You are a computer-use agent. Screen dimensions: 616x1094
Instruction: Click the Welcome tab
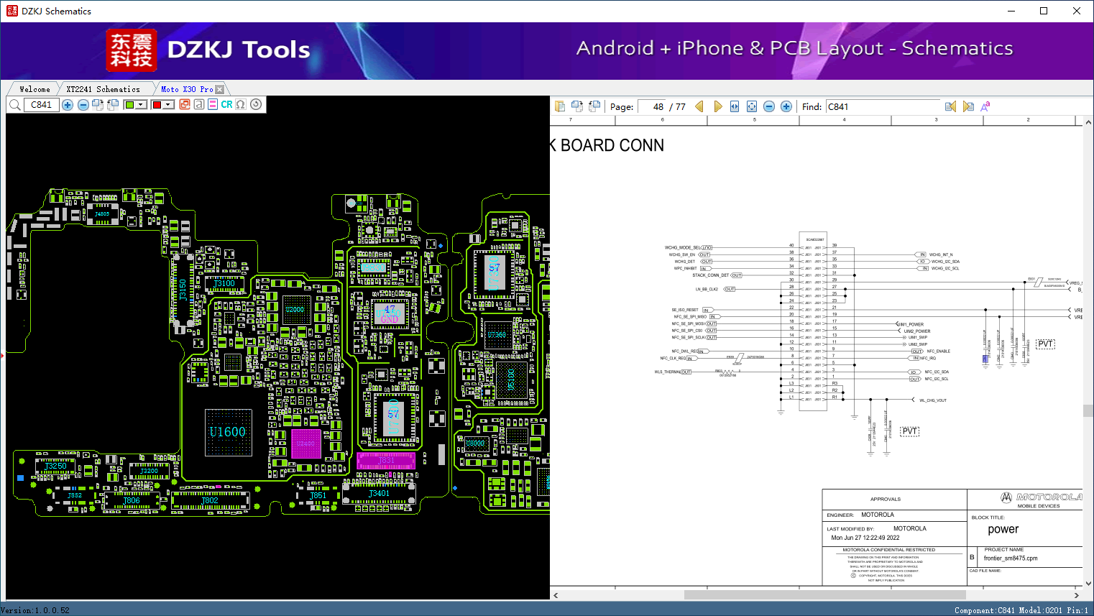(x=35, y=89)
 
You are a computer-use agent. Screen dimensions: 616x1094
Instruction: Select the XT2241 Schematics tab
(x=103, y=89)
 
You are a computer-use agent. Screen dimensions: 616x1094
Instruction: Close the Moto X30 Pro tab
(x=220, y=89)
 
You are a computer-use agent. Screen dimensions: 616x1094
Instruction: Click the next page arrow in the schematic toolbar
(x=717, y=106)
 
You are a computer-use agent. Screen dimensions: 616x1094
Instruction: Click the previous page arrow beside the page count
(x=699, y=106)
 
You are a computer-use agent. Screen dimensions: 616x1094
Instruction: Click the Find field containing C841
(x=883, y=106)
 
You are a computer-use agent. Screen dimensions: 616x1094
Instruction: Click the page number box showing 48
(x=652, y=106)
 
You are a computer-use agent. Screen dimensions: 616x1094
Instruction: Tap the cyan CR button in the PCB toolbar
(x=226, y=105)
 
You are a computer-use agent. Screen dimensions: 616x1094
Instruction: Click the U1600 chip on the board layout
(x=228, y=432)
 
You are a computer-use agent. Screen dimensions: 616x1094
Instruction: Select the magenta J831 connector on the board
(x=386, y=460)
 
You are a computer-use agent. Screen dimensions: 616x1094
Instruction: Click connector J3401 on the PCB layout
(x=379, y=494)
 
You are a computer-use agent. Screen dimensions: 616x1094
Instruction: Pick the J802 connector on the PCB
(x=210, y=500)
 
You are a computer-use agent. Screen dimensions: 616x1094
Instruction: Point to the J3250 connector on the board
(x=55, y=466)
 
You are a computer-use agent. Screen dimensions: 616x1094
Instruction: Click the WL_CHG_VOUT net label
(x=933, y=400)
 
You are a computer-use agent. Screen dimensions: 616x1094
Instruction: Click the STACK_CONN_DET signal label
(x=710, y=275)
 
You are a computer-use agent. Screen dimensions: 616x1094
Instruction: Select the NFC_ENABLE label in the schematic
(x=938, y=351)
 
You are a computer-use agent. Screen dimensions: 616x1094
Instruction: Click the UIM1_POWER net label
(x=913, y=324)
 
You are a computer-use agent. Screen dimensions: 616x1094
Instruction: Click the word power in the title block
(x=1003, y=530)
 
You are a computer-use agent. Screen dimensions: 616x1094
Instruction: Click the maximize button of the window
(x=1044, y=11)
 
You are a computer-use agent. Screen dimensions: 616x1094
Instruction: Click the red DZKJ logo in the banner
(x=132, y=50)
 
